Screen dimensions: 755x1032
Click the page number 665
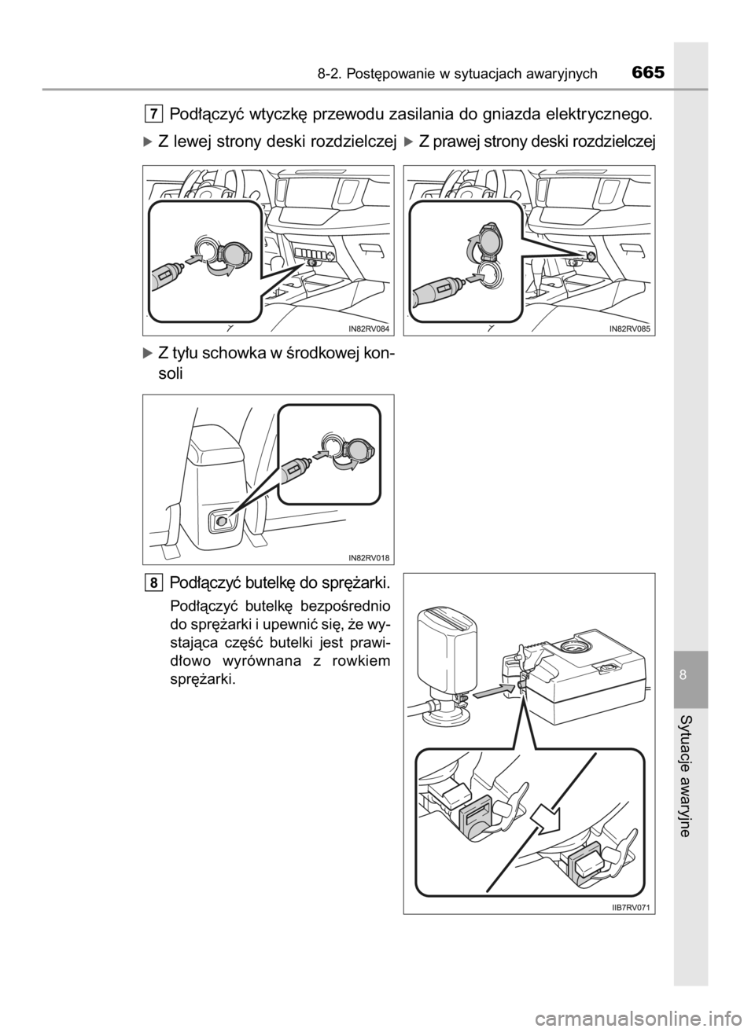tap(648, 73)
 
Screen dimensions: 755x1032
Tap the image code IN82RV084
tap(369, 329)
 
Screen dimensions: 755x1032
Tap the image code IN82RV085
tap(630, 329)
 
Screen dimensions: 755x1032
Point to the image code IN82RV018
tap(369, 558)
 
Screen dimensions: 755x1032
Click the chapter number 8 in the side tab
tap(683, 675)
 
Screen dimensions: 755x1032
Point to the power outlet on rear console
tap(222, 521)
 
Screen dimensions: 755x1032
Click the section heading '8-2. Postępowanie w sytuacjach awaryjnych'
tap(457, 74)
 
